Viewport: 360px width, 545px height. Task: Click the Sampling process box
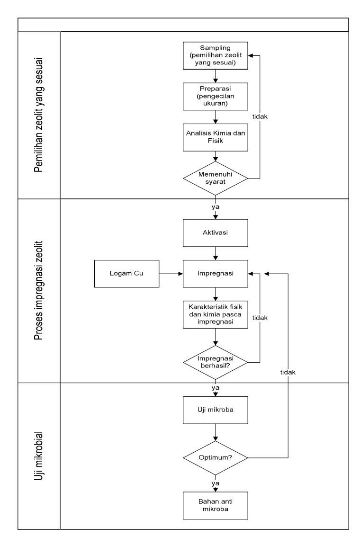pos(216,55)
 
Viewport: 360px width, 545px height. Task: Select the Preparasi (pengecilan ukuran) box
pos(216,96)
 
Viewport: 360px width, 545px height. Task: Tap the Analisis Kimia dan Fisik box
pos(216,137)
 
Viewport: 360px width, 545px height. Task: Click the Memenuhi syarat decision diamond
pos(216,179)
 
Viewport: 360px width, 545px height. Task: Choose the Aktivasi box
pos(216,233)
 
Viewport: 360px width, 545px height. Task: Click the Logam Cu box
pos(126,274)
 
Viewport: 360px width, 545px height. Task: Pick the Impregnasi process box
pos(216,274)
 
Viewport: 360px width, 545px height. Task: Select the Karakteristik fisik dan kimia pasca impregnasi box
pos(216,314)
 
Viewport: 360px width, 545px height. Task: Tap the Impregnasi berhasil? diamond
pos(216,362)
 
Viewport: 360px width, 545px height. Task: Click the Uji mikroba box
pos(216,410)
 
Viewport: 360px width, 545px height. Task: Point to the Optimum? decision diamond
pos(216,458)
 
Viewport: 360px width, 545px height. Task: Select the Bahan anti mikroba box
pos(216,505)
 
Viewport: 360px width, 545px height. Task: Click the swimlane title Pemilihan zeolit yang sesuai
pos(39,115)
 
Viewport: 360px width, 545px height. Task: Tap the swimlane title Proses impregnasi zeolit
pos(39,290)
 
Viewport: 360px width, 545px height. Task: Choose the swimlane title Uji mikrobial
pos(39,456)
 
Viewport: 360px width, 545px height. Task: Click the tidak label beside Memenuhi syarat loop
pos(260,117)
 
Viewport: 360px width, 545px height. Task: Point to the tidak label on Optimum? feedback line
pos(288,372)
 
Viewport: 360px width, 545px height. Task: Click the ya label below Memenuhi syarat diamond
pos(216,207)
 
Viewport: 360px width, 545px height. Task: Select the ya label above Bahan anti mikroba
pos(216,483)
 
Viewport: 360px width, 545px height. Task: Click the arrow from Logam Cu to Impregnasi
pos(171,274)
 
